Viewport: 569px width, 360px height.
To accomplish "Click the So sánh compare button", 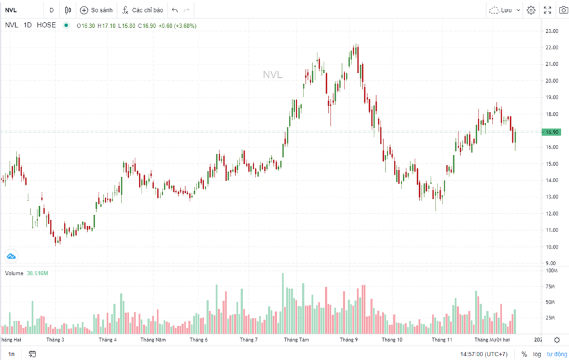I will [95, 10].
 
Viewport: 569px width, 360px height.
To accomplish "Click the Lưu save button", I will [505, 10].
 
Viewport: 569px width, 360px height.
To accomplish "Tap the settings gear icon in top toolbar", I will [531, 10].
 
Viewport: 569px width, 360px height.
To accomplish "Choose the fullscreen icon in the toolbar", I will [547, 10].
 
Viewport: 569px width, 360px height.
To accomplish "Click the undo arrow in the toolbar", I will [174, 10].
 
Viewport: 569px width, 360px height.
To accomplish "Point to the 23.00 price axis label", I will [551, 31].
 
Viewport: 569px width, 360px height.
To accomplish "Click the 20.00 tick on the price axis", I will [551, 81].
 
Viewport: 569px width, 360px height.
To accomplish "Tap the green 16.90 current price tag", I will [551, 132].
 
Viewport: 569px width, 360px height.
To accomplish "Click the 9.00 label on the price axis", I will [551, 263].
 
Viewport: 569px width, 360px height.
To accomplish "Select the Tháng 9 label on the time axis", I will [348, 340].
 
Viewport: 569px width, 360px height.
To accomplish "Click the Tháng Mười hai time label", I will [492, 340].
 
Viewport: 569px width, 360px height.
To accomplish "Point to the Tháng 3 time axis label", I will [55, 340].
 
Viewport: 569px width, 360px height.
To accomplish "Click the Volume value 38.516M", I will [37, 273].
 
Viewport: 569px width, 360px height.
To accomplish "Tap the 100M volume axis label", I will [551, 271].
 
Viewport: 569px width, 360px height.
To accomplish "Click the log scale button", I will [537, 354].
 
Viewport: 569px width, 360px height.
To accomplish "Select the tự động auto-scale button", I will [557, 354].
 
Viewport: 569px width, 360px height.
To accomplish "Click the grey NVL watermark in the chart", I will [272, 75].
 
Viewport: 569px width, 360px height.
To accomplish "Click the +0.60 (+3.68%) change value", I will [177, 25].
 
